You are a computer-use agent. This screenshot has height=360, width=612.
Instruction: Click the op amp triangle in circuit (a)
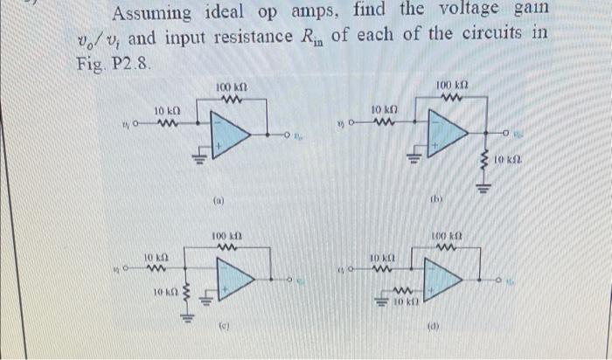tap(233, 135)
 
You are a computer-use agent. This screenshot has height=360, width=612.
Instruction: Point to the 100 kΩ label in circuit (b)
tap(453, 85)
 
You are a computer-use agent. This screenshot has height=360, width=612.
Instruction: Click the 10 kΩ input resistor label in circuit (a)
tap(168, 111)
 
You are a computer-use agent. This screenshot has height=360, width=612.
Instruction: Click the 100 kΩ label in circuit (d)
tap(451, 237)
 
